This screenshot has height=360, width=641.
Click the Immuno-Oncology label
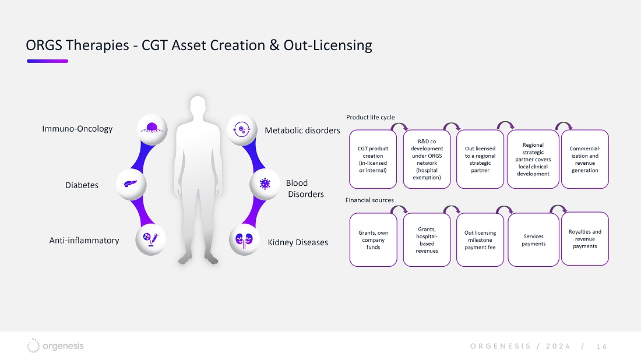pos(78,129)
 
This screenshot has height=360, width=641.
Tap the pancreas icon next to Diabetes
pos(131,184)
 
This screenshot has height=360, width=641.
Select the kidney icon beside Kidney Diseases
pos(244,240)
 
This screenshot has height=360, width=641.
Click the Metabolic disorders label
pos(302,130)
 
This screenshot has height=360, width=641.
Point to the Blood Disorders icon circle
pos(265,184)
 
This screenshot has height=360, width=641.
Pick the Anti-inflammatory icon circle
pos(151,239)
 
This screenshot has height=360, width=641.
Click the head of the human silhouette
pos(198,107)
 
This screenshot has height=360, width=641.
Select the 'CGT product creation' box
pos(373,160)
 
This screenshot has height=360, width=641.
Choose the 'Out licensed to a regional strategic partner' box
pos(480,160)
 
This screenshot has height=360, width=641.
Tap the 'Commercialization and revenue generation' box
pos(585,160)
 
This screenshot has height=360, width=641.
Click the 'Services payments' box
pos(533,240)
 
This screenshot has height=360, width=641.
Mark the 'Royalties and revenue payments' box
pos(585,239)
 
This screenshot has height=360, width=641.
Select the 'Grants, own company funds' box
pos(373,240)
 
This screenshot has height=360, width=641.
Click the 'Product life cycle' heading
pos(371,117)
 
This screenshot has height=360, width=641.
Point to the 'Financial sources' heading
pos(369,200)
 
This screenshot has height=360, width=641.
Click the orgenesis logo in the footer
pos(55,345)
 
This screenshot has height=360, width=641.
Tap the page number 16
pos(601,347)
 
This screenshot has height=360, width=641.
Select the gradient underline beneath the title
pos(47,61)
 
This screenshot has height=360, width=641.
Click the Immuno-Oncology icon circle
pos(152,129)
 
